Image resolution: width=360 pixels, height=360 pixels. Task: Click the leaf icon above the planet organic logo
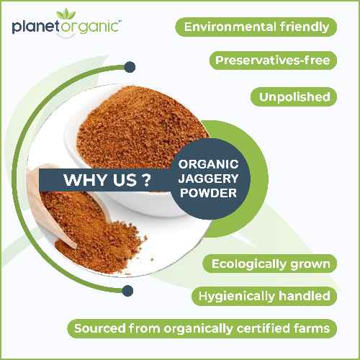(72, 13)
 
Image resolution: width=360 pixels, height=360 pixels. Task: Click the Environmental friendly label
(257, 27)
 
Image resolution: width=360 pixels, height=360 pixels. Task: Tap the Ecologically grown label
(271, 264)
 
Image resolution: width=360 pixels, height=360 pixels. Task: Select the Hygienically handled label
(261, 296)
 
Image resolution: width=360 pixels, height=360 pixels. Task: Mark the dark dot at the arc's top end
(130, 68)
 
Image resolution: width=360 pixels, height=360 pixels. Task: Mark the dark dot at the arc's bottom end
(128, 291)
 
